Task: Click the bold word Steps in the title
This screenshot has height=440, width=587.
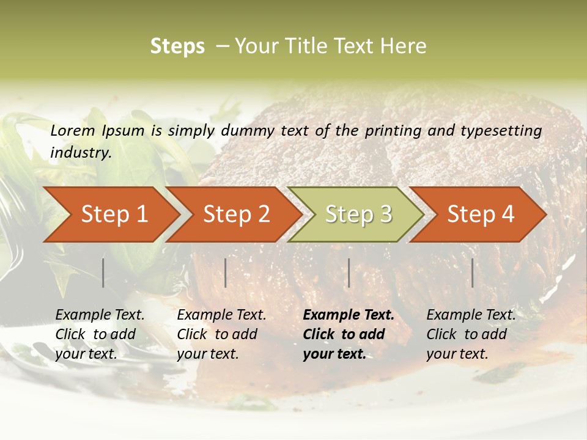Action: [x=177, y=46]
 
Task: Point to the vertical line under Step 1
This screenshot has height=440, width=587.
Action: [x=103, y=273]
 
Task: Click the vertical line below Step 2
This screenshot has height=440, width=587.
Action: [x=226, y=273]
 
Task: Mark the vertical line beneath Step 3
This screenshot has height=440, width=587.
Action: [x=349, y=273]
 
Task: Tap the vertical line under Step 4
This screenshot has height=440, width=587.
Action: [x=472, y=273]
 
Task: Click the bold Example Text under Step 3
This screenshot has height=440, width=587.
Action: [x=349, y=315]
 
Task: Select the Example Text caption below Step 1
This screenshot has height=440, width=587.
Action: [x=100, y=315]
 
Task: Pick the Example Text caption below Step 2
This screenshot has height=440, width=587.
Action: [x=221, y=315]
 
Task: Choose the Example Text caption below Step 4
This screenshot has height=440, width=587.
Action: [x=471, y=315]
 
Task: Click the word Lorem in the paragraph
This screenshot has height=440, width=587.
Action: [x=73, y=131]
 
